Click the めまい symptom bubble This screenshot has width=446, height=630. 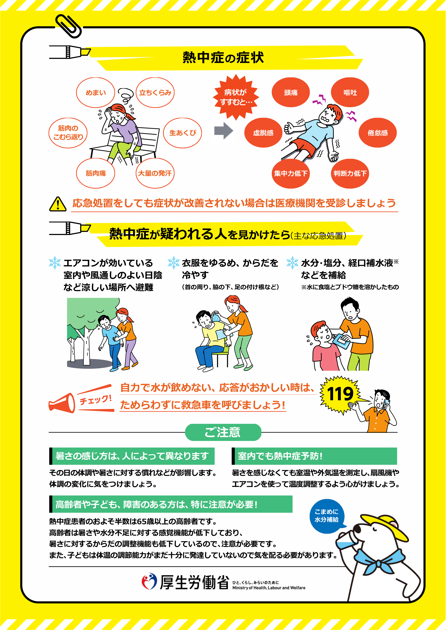click(96, 92)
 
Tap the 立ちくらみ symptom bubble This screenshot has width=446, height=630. click(155, 92)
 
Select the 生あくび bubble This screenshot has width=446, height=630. click(183, 133)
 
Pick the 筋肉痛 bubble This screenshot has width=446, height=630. click(96, 173)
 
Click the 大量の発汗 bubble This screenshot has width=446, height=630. click(155, 173)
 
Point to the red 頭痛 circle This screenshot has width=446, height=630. click(291, 92)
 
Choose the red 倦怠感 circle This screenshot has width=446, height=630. click(378, 133)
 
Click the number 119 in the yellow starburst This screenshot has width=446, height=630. click(340, 394)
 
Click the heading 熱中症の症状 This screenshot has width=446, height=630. click(223, 58)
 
